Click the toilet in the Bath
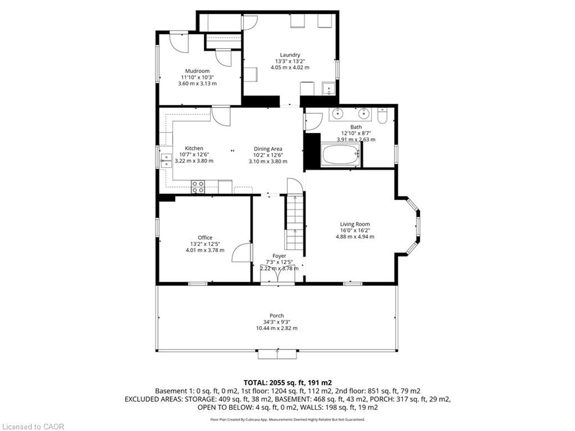(382, 116)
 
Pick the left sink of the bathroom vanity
(337, 114)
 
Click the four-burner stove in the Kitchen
(198, 187)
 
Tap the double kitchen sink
(166, 161)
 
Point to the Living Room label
(355, 224)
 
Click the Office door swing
(242, 252)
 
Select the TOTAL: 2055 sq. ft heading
(287, 383)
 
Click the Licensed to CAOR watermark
(33, 427)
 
